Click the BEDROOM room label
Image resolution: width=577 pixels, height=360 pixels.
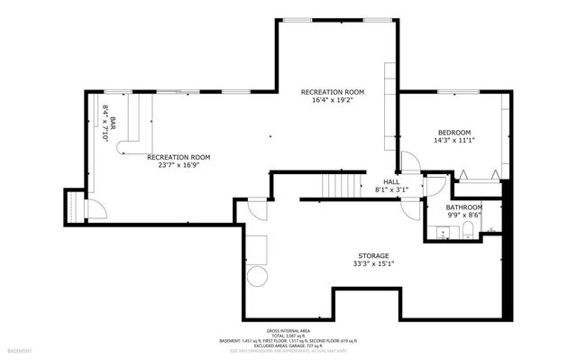[x=453, y=133]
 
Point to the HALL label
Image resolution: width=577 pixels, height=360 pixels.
[x=391, y=181]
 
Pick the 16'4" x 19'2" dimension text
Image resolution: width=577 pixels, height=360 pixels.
[x=333, y=101]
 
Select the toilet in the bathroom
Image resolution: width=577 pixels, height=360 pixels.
[x=467, y=233]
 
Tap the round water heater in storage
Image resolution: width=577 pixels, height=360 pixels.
[x=257, y=276]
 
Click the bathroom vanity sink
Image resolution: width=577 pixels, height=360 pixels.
[x=441, y=233]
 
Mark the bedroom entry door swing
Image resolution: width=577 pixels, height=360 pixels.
[x=409, y=162]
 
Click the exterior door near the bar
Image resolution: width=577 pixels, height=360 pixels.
[x=95, y=210]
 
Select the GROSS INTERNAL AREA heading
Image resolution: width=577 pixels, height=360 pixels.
[x=288, y=330]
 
